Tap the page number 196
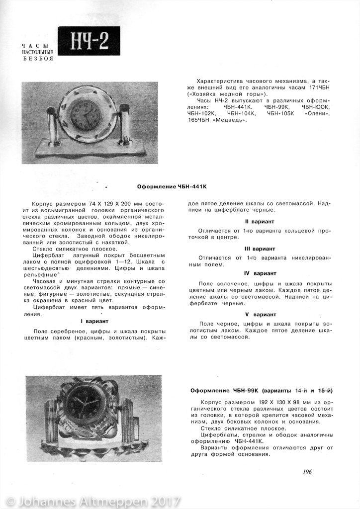click(307, 472)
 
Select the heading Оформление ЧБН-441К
click(172, 187)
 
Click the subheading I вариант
click(97, 321)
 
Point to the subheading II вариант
click(260, 221)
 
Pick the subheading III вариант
click(260, 248)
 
